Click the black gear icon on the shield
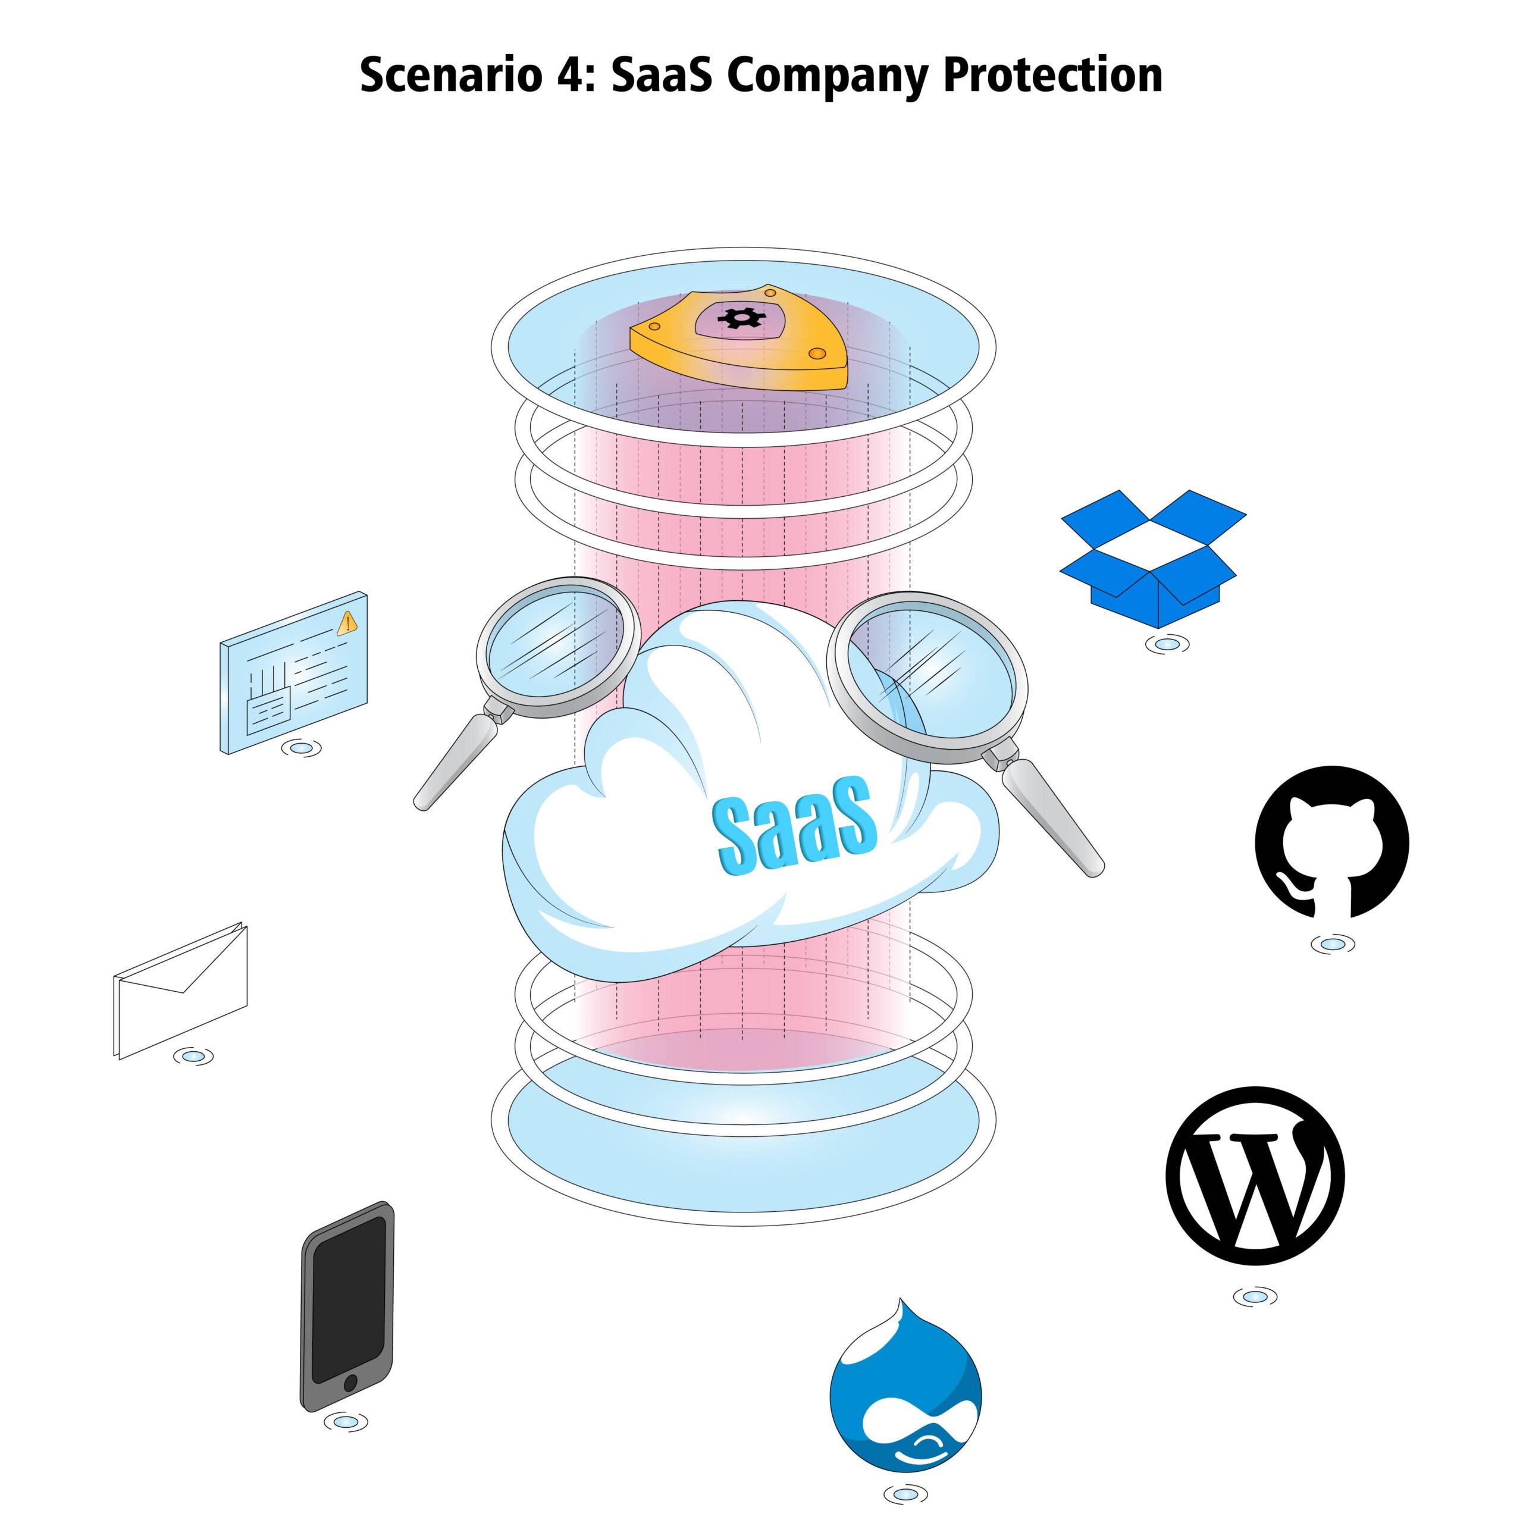(741, 318)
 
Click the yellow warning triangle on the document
(347, 623)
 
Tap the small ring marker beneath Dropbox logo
(1167, 644)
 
